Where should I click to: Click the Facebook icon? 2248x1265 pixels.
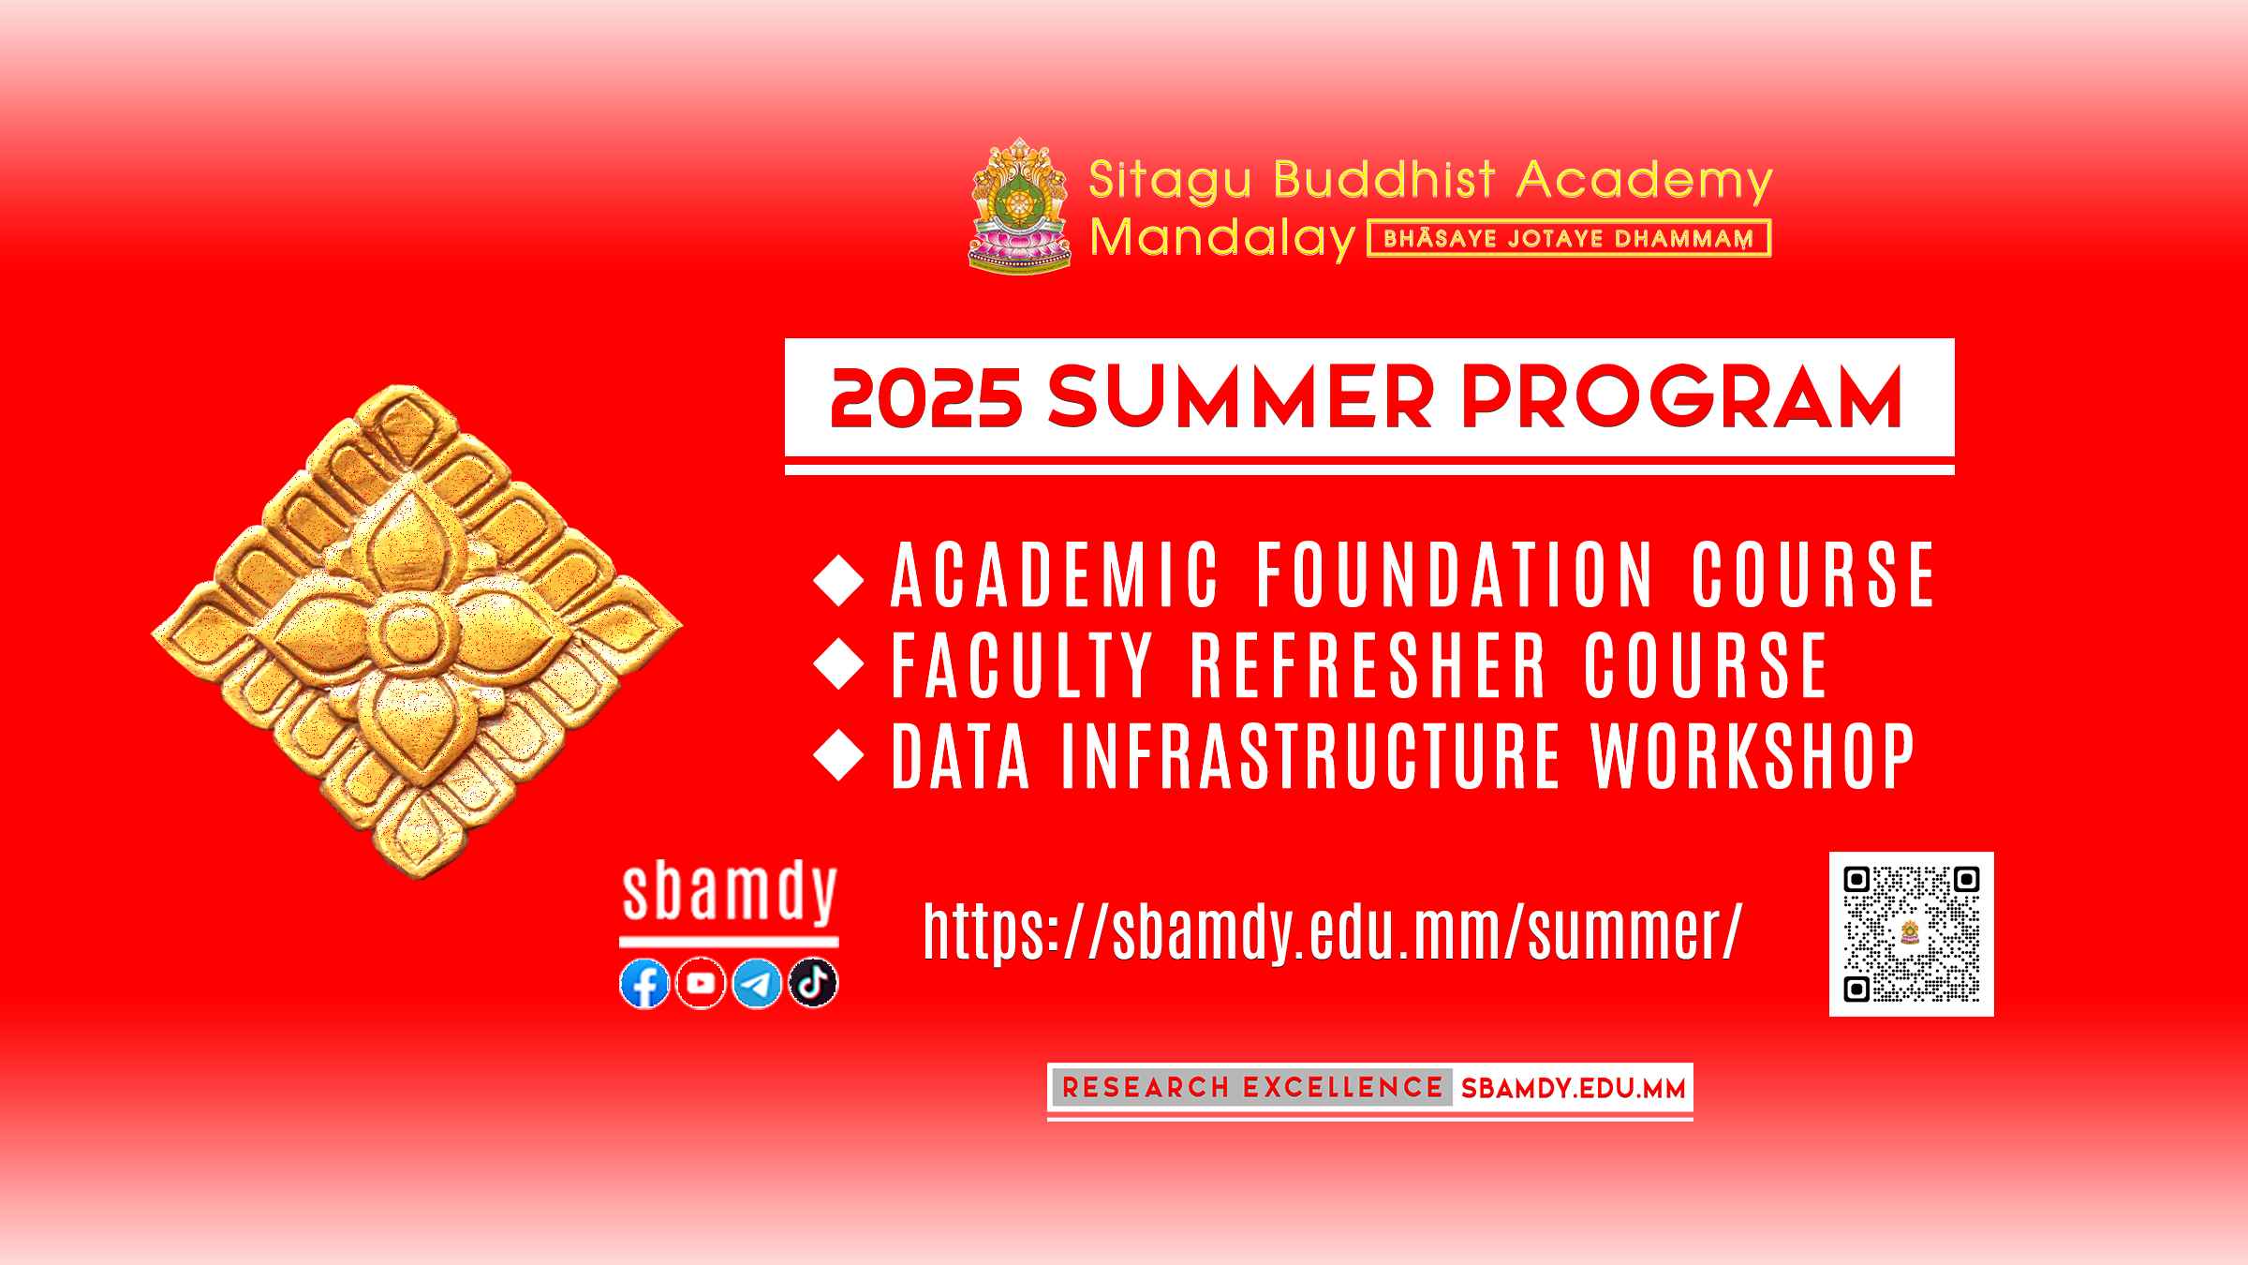pos(644,984)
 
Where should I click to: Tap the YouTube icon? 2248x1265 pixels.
pos(701,984)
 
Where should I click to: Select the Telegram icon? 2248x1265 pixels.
pos(757,984)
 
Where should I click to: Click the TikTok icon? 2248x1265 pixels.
pos(813,984)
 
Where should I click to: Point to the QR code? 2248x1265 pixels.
pos(1911,934)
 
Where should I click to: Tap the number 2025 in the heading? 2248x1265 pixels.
pos(925,398)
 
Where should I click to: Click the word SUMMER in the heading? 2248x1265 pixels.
pos(1240,398)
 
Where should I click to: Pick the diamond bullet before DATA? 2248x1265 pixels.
pos(839,755)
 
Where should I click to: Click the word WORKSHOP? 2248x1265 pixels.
pos(1753,755)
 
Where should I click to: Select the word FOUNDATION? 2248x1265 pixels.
pos(1456,575)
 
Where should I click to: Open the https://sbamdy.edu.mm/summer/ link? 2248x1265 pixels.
pos(1332,931)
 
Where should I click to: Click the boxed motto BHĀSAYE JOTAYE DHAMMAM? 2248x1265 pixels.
pos(1569,238)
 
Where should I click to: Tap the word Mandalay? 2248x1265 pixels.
pos(1223,239)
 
